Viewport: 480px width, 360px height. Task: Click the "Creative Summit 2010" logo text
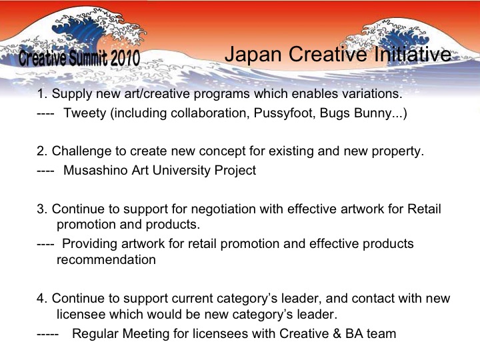79,57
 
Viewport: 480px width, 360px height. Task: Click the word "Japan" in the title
253,55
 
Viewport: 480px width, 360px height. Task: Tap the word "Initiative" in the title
413,54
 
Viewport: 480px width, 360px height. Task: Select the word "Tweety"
85,113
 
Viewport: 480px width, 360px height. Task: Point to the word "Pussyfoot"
285,113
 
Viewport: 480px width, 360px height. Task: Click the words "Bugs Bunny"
356,113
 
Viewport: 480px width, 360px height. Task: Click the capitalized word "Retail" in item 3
424,209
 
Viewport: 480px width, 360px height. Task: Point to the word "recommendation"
106,260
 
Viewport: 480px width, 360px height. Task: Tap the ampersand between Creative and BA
337,334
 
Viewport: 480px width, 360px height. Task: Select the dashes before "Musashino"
45,171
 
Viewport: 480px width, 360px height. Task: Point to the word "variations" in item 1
370,94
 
